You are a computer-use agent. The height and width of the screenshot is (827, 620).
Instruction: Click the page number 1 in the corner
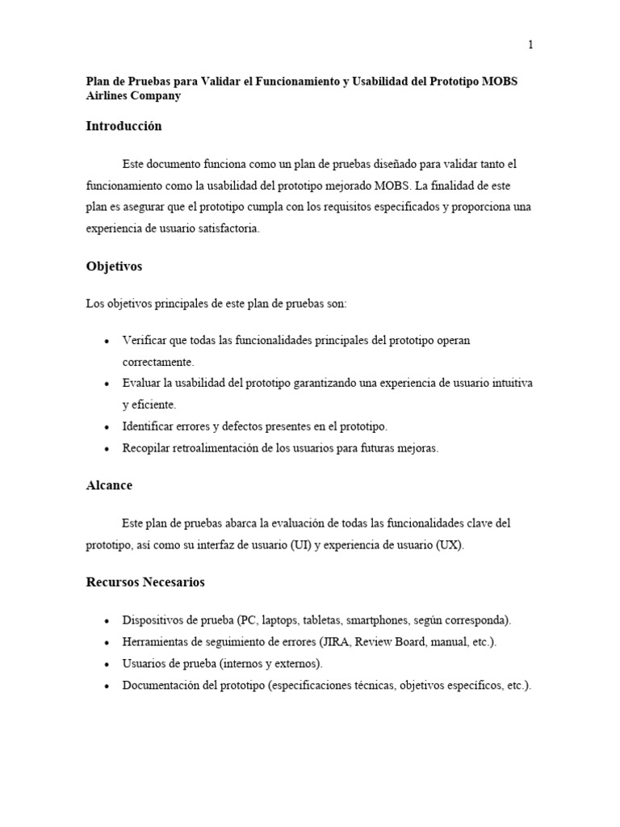(x=530, y=45)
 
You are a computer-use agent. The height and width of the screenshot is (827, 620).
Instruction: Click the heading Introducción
(x=124, y=126)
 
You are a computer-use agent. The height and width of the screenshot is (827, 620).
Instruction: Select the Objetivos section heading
(x=114, y=266)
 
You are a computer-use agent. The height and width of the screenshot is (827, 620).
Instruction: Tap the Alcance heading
(x=109, y=485)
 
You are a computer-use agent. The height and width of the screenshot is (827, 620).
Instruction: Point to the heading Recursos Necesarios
(x=145, y=581)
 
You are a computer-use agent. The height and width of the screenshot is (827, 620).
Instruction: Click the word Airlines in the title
(x=109, y=95)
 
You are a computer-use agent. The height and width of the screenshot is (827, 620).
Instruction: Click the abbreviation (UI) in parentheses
(x=300, y=545)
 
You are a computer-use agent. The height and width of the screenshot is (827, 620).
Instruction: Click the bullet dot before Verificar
(x=107, y=341)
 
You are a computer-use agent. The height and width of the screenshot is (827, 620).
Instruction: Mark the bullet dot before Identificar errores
(x=107, y=426)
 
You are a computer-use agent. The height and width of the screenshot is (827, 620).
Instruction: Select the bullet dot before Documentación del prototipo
(x=107, y=686)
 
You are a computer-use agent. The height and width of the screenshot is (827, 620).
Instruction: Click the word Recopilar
(x=147, y=448)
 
